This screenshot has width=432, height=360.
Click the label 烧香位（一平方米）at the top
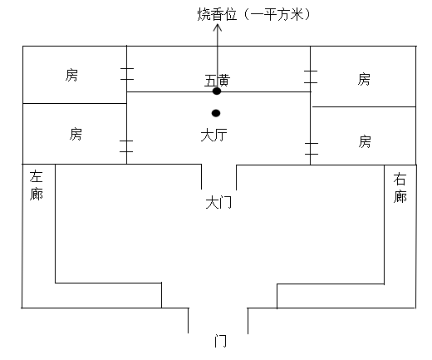[x=253, y=14]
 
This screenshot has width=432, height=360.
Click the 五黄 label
[x=218, y=81]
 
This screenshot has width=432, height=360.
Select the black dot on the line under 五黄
[x=217, y=91]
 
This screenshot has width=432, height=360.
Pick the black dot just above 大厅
[x=216, y=113]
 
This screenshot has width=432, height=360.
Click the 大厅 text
[x=214, y=136]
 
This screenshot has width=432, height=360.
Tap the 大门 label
[x=218, y=203]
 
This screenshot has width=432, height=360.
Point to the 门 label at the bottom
[x=220, y=341]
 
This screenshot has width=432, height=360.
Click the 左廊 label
[x=37, y=185]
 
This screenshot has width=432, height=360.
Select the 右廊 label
[x=400, y=188]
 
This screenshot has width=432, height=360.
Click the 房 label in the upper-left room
[x=71, y=75]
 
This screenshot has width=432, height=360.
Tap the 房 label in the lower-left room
[x=76, y=134]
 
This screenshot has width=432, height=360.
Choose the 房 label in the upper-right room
[x=364, y=79]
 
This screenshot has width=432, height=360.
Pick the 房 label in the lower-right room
[x=365, y=141]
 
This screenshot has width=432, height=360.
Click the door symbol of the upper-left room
[x=127, y=74]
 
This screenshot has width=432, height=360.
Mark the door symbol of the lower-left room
[x=126, y=146]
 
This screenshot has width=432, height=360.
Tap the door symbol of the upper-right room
[x=311, y=76]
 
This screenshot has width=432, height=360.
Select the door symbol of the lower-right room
[x=312, y=149]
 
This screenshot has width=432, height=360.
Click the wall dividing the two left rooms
[x=75, y=103]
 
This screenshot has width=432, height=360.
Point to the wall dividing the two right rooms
[x=364, y=106]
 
